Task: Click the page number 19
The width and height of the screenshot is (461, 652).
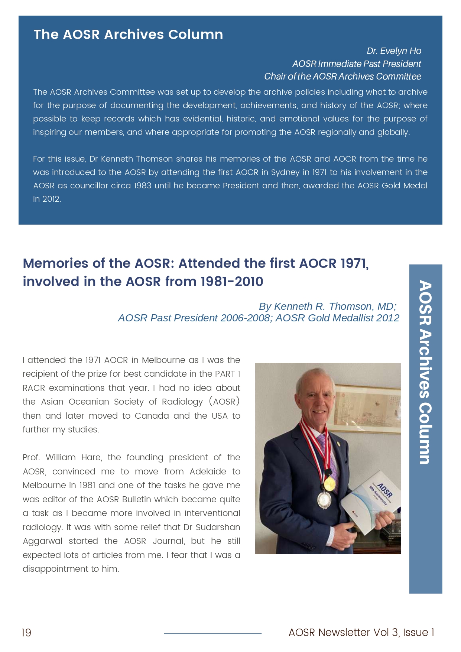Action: (26, 632)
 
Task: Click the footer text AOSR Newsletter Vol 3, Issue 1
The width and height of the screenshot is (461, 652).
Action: (361, 632)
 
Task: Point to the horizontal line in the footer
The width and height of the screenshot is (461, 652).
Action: (212, 633)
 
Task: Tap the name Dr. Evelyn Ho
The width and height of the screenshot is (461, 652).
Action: (394, 51)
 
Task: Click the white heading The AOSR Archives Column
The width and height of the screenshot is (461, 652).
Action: (128, 35)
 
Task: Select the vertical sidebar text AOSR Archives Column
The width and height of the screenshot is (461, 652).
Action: (425, 372)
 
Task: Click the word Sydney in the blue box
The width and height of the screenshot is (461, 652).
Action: (285, 172)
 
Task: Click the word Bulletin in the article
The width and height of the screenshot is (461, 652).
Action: (137, 499)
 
